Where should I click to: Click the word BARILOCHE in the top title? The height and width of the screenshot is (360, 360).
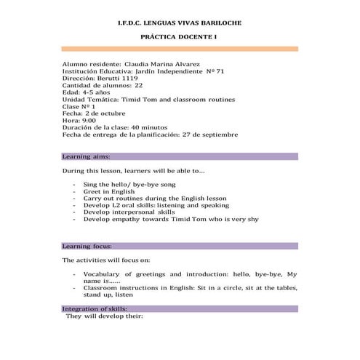coord(217,23)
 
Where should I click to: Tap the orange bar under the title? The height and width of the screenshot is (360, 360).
coord(180,48)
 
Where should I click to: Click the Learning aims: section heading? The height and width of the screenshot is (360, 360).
coord(87,156)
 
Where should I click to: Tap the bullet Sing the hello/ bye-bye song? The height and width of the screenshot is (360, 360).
coord(128,185)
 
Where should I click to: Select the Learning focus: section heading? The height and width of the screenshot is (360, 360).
coord(87,246)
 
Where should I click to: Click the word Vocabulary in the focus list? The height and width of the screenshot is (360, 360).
coord(108,274)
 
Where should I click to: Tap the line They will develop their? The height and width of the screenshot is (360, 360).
coord(105,316)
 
